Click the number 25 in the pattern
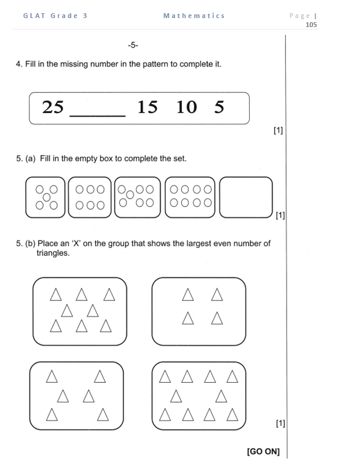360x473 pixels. tap(53, 107)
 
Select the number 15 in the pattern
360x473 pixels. tap(147, 107)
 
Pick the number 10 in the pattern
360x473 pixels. tap(187, 107)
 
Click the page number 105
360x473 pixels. tap(311, 25)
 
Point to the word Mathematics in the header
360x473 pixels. tap(194, 16)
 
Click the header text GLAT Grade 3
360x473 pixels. tap(55, 16)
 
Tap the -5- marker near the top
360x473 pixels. tap(134, 45)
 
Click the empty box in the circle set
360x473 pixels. tap(246, 197)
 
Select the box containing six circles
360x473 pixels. tap(90, 197)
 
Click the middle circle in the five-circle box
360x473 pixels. tap(46, 197)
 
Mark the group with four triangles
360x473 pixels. tap(199, 311)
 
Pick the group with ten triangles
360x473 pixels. tap(199, 396)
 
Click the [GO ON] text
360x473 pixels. tap(264, 451)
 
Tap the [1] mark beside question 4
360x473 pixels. tap(278, 129)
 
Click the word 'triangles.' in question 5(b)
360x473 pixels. tap(53, 253)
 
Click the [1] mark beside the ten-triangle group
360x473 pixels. tap(280, 423)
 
